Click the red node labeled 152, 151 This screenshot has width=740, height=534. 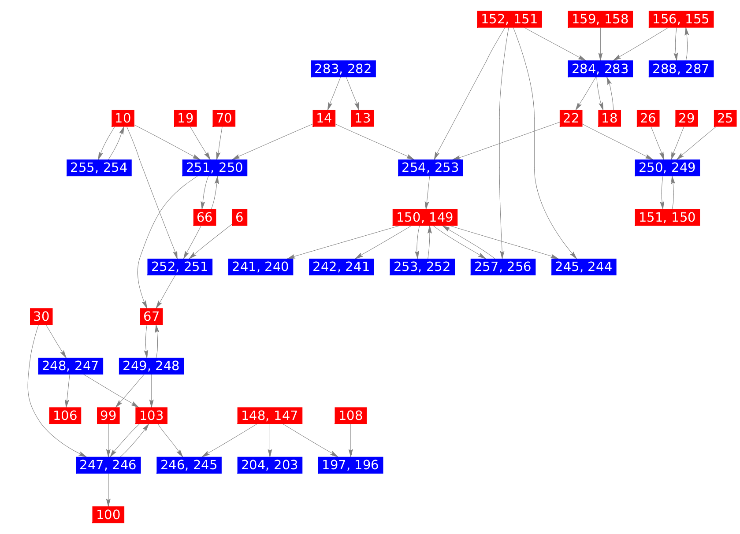coord(509,19)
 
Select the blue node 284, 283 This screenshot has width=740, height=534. coord(600,69)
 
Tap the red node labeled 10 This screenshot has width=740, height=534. coord(123,118)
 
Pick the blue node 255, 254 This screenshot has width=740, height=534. coord(99,167)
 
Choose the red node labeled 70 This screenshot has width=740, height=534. coord(224,118)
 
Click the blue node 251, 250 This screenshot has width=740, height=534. coord(215,167)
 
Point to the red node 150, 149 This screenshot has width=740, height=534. coord(425,217)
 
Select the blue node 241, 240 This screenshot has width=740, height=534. coord(260,267)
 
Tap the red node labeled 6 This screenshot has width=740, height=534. coord(239,217)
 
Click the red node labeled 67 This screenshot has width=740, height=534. coord(151,316)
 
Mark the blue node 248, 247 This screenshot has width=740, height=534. coord(71,366)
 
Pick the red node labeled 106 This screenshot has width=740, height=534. coord(65,415)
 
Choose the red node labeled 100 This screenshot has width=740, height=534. coord(108,514)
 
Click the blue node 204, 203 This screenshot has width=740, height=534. coord(270,465)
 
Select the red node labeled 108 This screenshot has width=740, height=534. coord(351,415)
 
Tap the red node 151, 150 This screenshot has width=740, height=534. coord(667,217)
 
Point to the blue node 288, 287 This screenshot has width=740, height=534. coord(681,69)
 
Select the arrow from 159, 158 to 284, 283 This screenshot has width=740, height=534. coord(600,44)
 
